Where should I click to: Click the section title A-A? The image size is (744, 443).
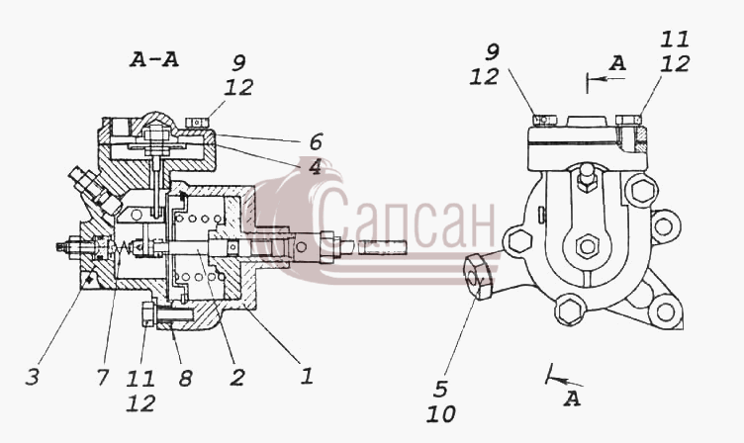(x=154, y=59)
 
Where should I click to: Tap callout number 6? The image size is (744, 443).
(x=316, y=141)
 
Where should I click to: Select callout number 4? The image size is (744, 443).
(x=315, y=167)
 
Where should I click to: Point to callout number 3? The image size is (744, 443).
(x=33, y=378)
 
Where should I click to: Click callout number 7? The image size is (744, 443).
(x=103, y=378)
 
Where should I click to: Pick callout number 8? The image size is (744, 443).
(x=185, y=379)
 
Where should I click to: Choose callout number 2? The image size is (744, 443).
(x=237, y=378)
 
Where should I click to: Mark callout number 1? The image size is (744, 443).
(x=307, y=376)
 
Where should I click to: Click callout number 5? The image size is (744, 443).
(x=441, y=389)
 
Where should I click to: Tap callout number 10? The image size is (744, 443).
(x=441, y=414)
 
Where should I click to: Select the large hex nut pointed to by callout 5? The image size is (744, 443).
(x=478, y=277)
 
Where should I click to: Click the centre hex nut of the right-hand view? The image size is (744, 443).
(x=588, y=246)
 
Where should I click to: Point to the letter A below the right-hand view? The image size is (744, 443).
(x=572, y=399)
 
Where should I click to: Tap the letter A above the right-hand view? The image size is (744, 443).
(x=617, y=63)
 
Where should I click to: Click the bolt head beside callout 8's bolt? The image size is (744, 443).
(x=147, y=314)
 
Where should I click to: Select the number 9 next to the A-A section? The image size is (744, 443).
(x=239, y=63)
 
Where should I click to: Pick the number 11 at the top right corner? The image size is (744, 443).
(x=675, y=39)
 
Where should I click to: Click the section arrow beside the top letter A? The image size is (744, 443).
(x=605, y=78)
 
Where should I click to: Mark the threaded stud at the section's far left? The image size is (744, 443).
(x=62, y=246)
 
